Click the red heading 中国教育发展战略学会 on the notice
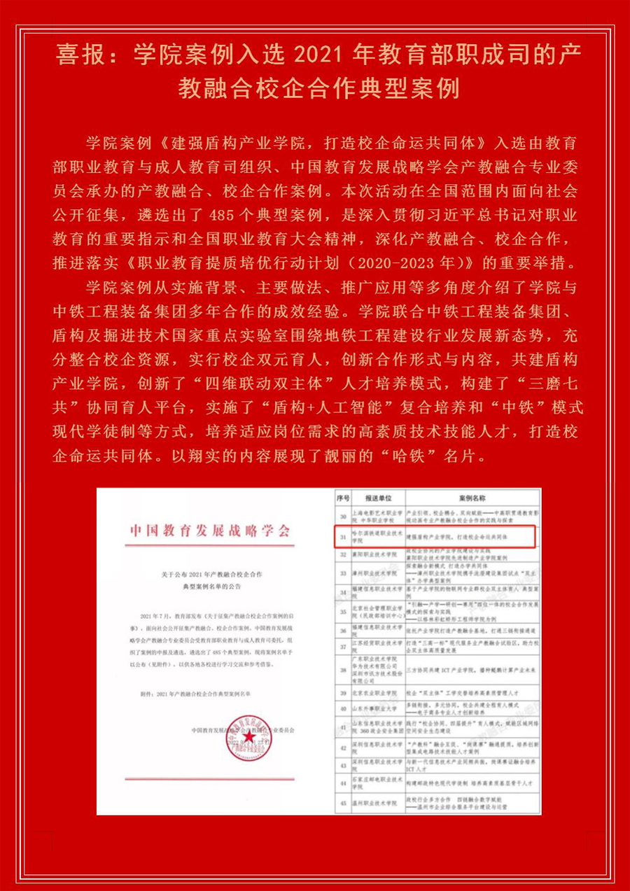209,530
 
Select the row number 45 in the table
342,801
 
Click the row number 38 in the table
342,671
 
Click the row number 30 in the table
342,516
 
